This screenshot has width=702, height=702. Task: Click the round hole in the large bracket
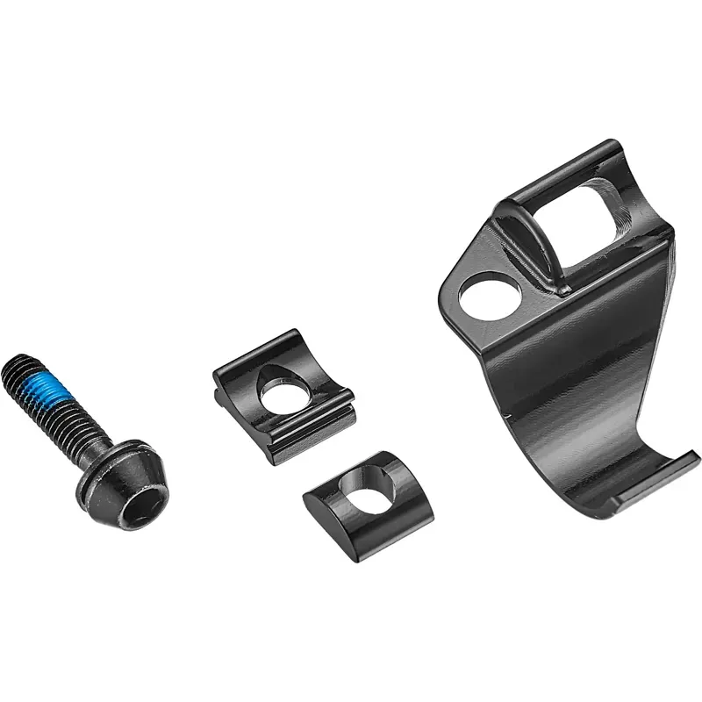[x=487, y=297]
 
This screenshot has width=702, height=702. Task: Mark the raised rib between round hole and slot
[x=526, y=246]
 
